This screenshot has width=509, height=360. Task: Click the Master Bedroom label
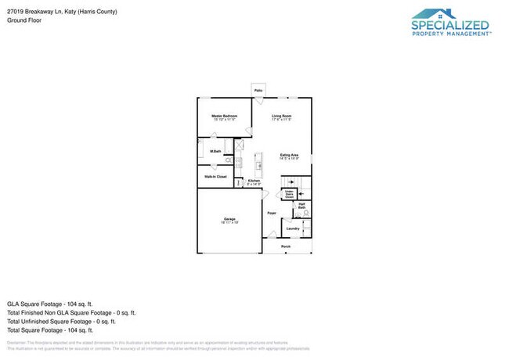224,116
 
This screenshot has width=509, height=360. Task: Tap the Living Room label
282,116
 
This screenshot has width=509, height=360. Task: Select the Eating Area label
290,155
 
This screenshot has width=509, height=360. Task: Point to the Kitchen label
254,181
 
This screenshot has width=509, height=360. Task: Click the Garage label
229,218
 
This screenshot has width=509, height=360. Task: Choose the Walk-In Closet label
215,177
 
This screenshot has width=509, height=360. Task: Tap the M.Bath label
215,151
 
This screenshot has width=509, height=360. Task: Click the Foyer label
272,213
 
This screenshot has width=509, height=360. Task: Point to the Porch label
286,246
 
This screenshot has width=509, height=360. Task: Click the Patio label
258,92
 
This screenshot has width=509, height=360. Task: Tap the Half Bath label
302,206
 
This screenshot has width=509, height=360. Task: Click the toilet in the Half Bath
306,213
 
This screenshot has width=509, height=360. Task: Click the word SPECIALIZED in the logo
451,24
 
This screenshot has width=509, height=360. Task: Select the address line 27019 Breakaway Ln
62,12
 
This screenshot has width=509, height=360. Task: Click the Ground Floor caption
24,20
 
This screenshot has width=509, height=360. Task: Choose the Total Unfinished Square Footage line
61,321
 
